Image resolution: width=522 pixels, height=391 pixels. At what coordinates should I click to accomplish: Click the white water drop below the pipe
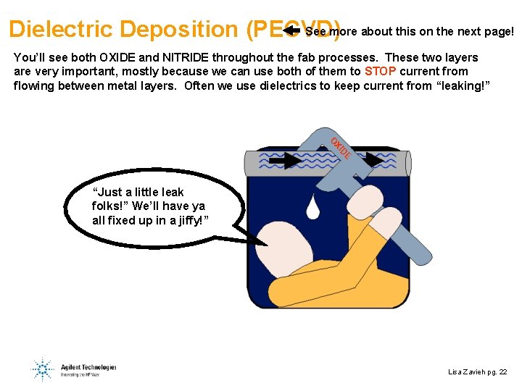(x=313, y=206)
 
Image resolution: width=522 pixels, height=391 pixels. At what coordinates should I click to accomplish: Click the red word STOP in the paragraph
(x=380, y=72)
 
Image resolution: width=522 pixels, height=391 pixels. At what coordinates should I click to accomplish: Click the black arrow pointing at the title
(x=291, y=30)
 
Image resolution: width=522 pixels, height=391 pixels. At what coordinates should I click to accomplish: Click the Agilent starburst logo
(x=43, y=369)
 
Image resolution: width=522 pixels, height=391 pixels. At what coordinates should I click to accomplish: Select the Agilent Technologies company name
(x=88, y=367)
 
